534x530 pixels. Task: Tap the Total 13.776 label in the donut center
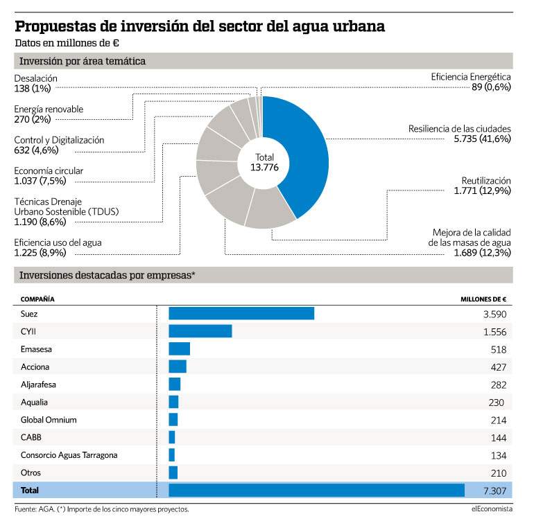(x=264, y=162)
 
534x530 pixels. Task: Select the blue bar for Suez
(x=241, y=313)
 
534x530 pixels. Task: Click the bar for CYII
(x=200, y=331)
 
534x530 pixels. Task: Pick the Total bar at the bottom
(x=317, y=491)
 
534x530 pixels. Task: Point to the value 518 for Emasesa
(x=499, y=349)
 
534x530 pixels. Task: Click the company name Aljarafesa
(x=38, y=385)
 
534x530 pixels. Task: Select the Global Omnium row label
(x=49, y=420)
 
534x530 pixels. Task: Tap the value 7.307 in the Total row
(x=495, y=491)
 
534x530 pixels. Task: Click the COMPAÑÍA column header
(x=37, y=299)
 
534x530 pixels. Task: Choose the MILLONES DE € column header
(x=483, y=299)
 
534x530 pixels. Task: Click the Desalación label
(x=36, y=78)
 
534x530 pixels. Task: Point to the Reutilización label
(x=486, y=180)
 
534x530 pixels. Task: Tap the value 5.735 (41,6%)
(x=482, y=139)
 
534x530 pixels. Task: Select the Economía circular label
(x=49, y=170)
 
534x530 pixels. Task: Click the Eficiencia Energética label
(x=471, y=77)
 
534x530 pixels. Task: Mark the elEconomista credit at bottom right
(x=492, y=509)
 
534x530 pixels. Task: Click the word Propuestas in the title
(x=55, y=26)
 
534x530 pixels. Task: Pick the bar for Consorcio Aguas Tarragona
(x=172, y=454)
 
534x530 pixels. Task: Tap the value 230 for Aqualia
(x=496, y=403)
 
